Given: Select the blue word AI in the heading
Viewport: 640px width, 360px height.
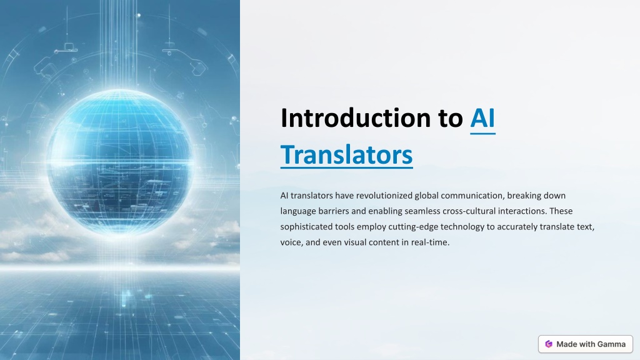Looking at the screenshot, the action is (482, 118).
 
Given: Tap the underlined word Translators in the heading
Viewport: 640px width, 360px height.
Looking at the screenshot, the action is (346, 155).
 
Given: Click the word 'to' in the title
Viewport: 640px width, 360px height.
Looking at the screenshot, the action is (451, 118).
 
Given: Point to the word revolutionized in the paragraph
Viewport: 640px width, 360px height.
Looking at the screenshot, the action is (384, 196).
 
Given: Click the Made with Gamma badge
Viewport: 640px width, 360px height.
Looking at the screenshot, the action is (585, 344).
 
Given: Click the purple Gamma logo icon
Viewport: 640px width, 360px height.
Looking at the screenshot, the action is (549, 344).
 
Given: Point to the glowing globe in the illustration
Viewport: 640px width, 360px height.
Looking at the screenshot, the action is (119, 162).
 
